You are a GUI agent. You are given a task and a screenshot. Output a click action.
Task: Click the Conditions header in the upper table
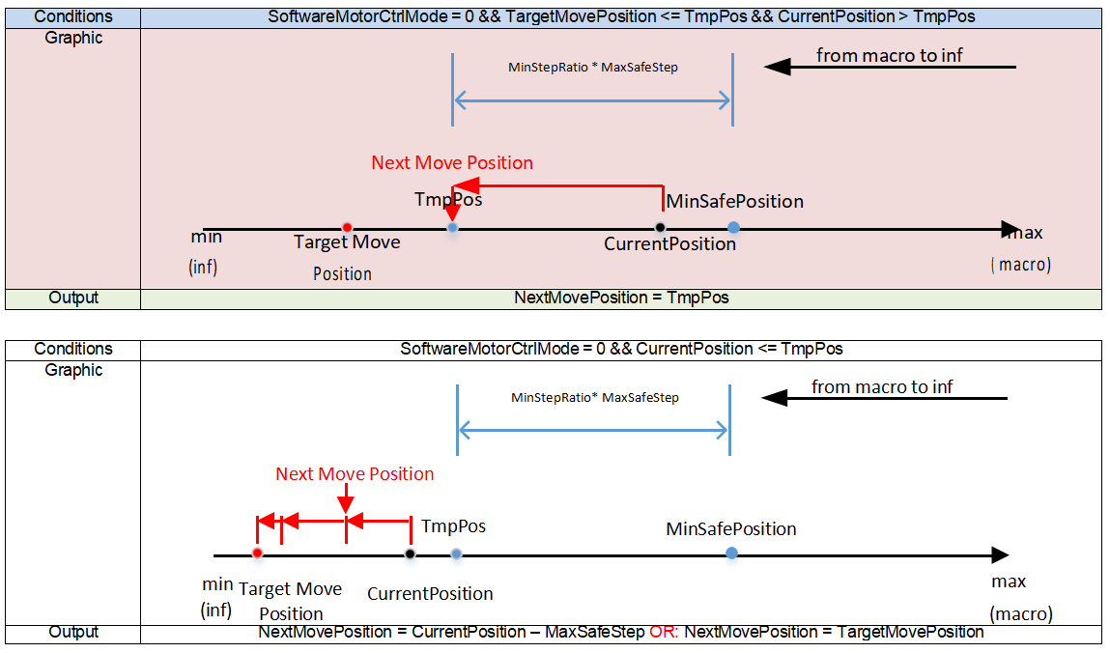click(x=73, y=17)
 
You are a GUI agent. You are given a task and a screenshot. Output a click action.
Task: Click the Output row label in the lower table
click(x=73, y=632)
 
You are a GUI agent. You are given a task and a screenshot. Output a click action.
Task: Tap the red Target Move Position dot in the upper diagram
click(x=347, y=228)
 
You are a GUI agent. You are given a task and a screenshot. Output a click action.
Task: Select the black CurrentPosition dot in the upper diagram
click(x=660, y=228)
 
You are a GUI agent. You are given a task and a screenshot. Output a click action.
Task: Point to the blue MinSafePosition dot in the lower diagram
click(x=732, y=553)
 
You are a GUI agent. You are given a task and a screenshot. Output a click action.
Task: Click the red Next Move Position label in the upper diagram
click(x=452, y=162)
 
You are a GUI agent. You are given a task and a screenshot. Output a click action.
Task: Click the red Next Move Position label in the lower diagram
click(x=355, y=473)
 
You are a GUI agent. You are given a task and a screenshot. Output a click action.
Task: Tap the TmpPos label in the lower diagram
click(x=453, y=526)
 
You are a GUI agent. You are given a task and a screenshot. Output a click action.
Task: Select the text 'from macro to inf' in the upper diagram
click(x=890, y=55)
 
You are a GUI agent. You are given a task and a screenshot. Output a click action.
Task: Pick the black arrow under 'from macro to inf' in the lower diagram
click(x=885, y=398)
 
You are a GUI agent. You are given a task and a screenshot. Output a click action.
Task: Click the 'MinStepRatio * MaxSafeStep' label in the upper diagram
click(x=592, y=68)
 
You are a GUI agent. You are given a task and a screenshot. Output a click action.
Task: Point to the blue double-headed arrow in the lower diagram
click(x=593, y=430)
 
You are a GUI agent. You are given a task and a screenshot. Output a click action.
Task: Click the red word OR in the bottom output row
click(x=663, y=632)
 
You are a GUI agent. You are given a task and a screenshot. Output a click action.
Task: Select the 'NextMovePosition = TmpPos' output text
click(x=621, y=298)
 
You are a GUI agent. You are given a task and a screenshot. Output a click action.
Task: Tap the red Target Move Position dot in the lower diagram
click(x=257, y=554)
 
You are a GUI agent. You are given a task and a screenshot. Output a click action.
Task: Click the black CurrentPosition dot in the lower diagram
click(x=410, y=554)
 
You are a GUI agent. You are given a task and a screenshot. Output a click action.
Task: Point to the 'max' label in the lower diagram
click(x=1009, y=582)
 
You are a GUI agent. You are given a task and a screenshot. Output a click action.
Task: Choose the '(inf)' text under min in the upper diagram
click(x=204, y=266)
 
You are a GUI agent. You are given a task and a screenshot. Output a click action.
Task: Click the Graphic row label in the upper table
click(x=73, y=38)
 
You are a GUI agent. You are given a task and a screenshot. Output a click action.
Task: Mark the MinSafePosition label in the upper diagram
click(x=735, y=201)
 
